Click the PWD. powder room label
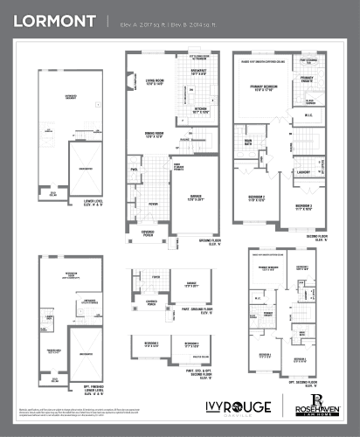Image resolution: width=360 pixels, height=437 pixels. pyautogui.click(x=135, y=170)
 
